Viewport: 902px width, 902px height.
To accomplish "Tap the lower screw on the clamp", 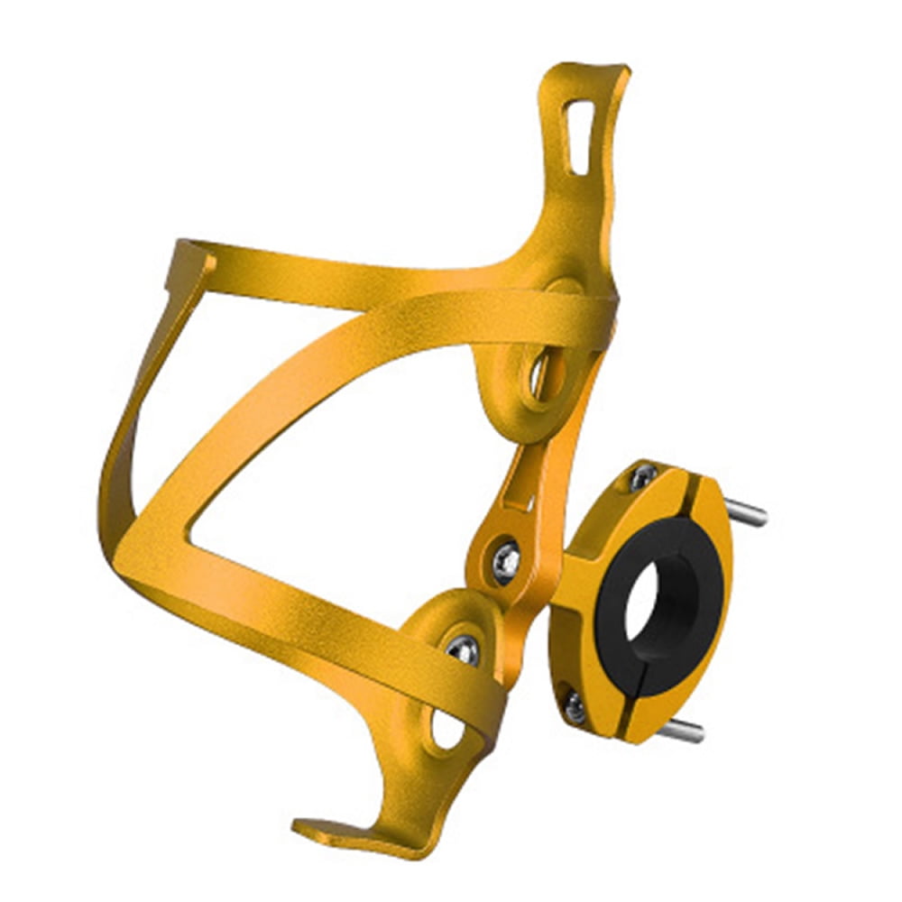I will click(575, 706).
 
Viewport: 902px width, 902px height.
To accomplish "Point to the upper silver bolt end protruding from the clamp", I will click(746, 514).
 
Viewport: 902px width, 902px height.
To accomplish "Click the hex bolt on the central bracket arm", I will click(506, 561).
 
